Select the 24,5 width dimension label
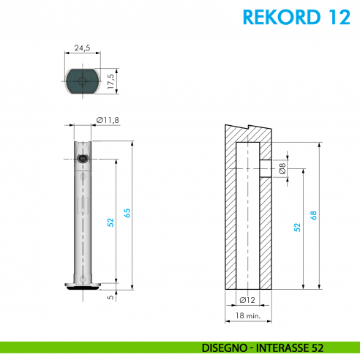(x=82, y=49)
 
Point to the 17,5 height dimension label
(x=110, y=80)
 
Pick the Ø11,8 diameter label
(x=108, y=121)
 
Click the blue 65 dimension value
(x=127, y=213)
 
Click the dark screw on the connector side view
(x=82, y=158)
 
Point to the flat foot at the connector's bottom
(x=82, y=285)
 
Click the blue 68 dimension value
(x=314, y=215)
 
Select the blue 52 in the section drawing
(x=297, y=228)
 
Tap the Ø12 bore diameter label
(x=247, y=301)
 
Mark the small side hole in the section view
(x=265, y=169)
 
